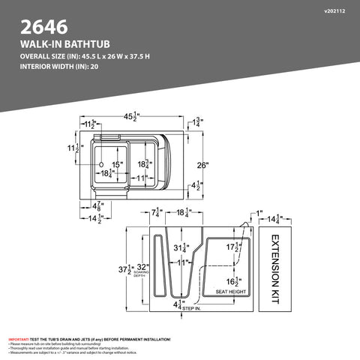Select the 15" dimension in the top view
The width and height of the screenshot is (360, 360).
click(117, 163)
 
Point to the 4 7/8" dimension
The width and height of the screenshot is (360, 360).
click(97, 205)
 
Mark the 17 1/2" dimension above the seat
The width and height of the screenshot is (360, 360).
click(234, 247)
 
